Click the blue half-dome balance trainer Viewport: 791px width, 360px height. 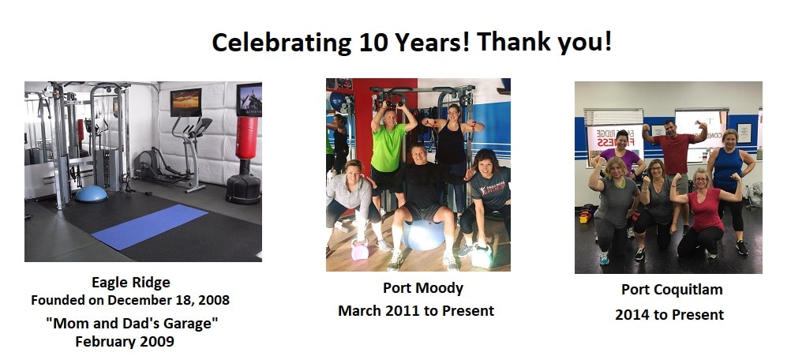click(x=91, y=193)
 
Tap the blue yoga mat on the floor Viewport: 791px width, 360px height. click(x=149, y=227)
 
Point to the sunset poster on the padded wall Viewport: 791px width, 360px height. click(x=186, y=103)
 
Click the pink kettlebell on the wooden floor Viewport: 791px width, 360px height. click(x=360, y=249)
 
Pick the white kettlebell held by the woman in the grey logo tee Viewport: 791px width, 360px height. click(x=482, y=256)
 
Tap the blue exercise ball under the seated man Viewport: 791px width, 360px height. click(x=424, y=235)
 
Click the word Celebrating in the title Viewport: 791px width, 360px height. click(x=281, y=43)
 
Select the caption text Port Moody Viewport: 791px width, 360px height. click(x=423, y=288)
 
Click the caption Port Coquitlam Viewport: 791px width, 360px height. click(x=672, y=290)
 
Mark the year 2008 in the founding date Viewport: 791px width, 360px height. click(x=213, y=300)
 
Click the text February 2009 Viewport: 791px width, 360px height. click(x=125, y=341)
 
